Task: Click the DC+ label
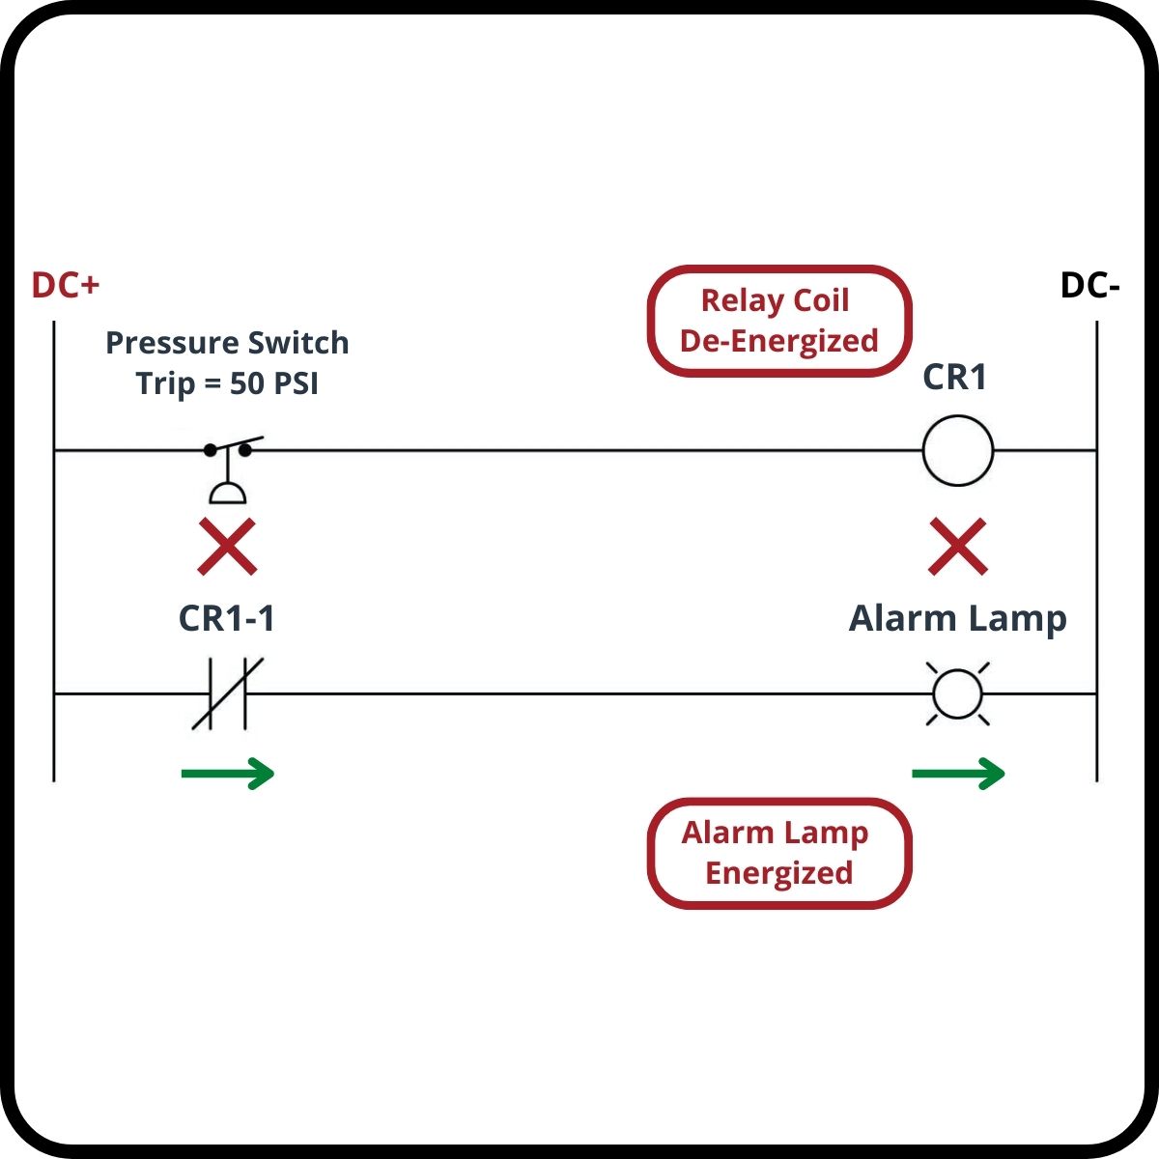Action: pos(66,286)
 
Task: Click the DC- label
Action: pos(1090,286)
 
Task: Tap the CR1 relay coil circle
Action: pos(957,450)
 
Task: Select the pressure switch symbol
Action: pos(230,471)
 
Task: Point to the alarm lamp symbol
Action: pos(957,693)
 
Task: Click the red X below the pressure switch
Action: pos(227,547)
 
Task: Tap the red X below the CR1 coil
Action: pos(957,547)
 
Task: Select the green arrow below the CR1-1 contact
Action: pos(228,773)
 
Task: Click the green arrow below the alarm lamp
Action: pos(958,773)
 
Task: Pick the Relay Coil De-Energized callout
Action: pos(778,321)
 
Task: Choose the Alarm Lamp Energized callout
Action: pos(778,853)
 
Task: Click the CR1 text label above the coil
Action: pos(955,377)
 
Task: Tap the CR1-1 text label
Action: pos(227,619)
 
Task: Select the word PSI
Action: pos(295,383)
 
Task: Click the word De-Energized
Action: pos(778,341)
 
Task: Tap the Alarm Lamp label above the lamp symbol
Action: pos(957,619)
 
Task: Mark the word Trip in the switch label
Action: pos(165,383)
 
